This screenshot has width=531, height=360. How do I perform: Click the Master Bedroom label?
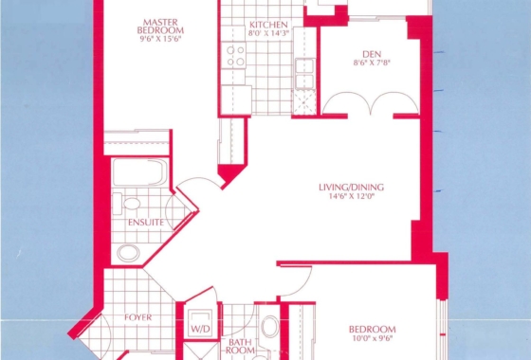(x=160, y=27)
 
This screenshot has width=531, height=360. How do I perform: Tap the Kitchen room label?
(x=268, y=25)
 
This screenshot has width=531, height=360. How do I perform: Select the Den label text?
(x=372, y=54)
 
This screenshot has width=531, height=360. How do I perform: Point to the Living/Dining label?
(x=352, y=188)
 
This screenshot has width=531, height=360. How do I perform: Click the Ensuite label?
(x=146, y=223)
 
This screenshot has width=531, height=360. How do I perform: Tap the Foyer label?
(x=138, y=317)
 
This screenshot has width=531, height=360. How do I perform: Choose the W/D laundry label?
(x=200, y=329)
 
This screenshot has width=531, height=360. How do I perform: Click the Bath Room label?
(x=240, y=346)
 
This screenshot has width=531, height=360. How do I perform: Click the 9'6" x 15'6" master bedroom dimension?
(x=160, y=38)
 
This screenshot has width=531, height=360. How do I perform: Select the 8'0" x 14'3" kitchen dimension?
(x=268, y=33)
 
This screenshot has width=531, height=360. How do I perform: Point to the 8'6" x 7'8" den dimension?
(x=372, y=63)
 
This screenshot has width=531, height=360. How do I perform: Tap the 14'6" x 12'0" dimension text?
(x=352, y=196)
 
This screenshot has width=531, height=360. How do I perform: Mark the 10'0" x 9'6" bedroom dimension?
(x=372, y=338)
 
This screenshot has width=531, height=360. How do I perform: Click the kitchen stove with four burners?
(x=233, y=56)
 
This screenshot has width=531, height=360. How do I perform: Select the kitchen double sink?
(x=304, y=73)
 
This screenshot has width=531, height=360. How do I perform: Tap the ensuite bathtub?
(x=140, y=171)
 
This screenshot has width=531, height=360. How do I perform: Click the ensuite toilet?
(x=127, y=204)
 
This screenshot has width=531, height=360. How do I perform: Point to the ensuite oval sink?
(x=128, y=253)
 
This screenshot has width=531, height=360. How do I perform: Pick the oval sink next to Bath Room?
(x=270, y=326)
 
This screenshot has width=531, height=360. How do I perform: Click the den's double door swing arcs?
(x=371, y=102)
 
